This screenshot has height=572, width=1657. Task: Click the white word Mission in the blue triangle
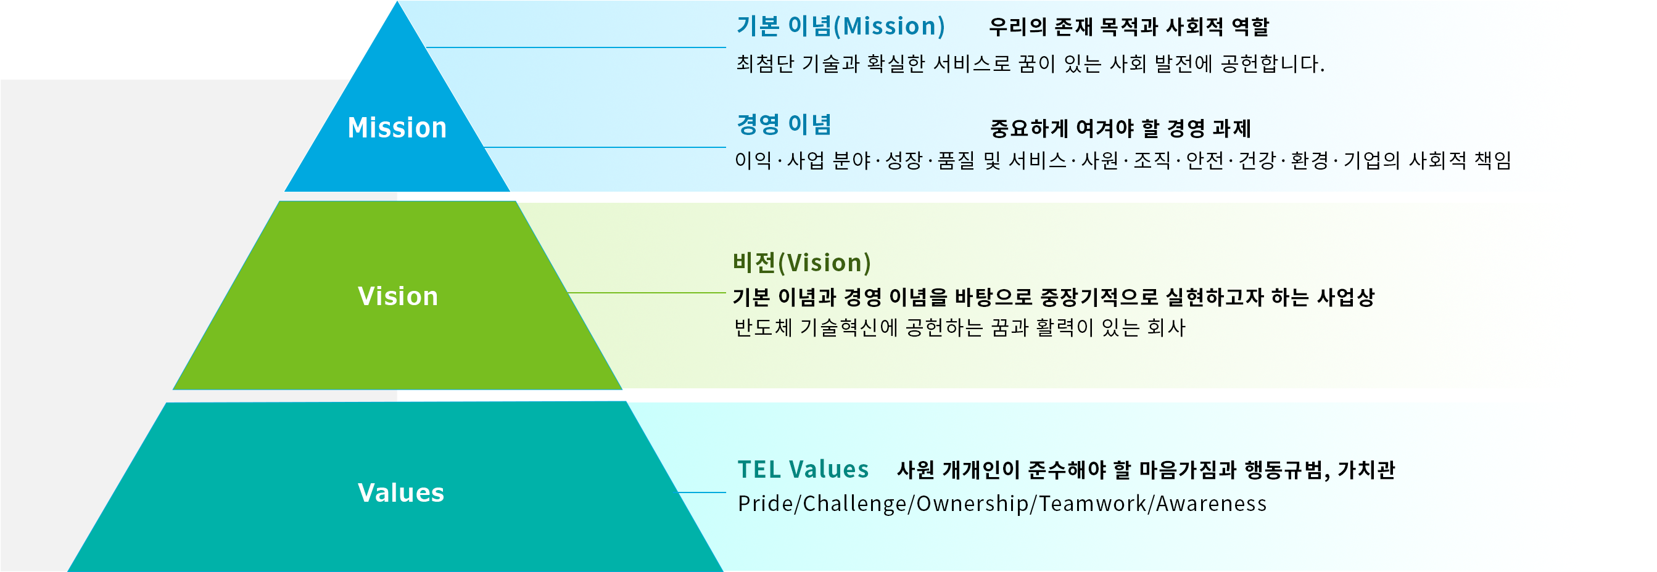[397, 128]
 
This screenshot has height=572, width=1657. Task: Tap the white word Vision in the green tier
[397, 296]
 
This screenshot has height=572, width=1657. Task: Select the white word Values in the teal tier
[401, 493]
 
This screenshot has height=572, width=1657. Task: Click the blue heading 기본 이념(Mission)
[841, 27]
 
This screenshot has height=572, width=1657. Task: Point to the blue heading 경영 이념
[784, 125]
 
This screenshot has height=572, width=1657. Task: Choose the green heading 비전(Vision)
[801, 263]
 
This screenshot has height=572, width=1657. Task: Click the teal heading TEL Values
[803, 470]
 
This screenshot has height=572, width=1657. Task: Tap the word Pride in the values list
[766, 503]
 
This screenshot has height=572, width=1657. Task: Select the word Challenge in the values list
[855, 503]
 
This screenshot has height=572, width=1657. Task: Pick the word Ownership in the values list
[973, 503]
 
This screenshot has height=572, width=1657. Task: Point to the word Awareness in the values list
[1211, 503]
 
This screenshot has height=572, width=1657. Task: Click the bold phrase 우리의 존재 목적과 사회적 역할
[1129, 27]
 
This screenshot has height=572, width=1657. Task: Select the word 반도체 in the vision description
[763, 328]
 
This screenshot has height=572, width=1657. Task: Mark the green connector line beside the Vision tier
[647, 293]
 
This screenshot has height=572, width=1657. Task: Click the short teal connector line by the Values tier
[702, 493]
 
